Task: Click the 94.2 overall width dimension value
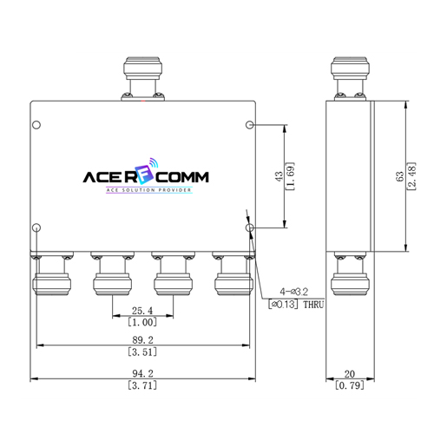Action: [142, 373]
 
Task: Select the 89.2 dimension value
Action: [142, 339]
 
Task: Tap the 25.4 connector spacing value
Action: [142, 311]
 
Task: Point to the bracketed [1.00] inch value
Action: [142, 322]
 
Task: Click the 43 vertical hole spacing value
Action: [279, 176]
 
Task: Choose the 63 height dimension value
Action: [399, 176]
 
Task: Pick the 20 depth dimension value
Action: [350, 374]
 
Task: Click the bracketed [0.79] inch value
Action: [350, 385]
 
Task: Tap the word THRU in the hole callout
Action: [313, 305]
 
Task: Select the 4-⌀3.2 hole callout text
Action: [293, 292]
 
